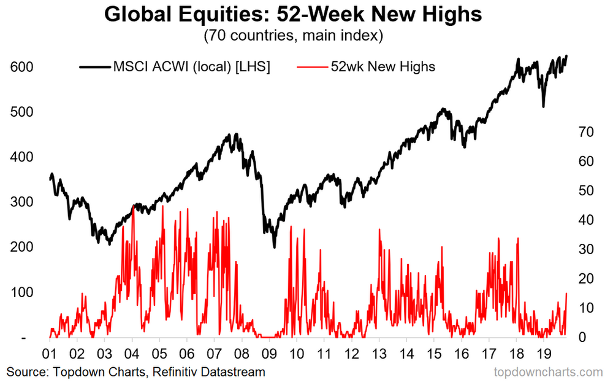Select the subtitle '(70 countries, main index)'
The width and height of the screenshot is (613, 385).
click(293, 36)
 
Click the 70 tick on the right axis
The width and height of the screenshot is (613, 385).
click(587, 132)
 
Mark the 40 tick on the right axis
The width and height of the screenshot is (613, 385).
click(587, 220)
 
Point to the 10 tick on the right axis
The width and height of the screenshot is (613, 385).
click(587, 308)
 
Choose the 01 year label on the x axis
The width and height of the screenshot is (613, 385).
click(50, 354)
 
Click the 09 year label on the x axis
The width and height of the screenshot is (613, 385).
click(268, 354)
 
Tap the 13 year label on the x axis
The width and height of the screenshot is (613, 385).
click(379, 354)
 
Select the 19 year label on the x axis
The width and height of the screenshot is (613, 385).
click(543, 354)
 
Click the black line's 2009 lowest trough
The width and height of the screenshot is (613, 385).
click(274, 247)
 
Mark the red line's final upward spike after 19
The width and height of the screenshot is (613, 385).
click(566, 294)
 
